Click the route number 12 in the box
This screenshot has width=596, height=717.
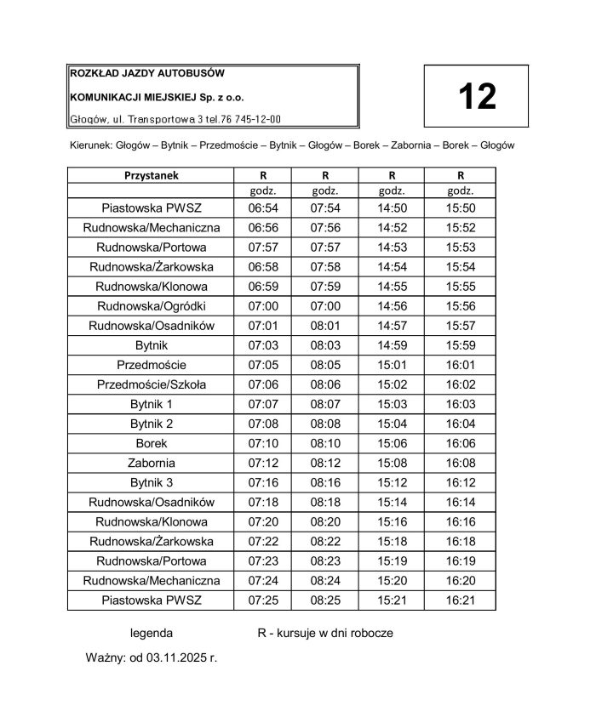pos(477,97)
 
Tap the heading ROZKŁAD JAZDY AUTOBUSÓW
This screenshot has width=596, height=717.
pos(147,74)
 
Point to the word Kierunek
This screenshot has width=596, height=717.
pos(88,145)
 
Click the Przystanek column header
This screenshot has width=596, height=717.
pos(151,175)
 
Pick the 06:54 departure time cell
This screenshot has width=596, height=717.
pos(262,208)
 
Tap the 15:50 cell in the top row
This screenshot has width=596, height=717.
pos(461,208)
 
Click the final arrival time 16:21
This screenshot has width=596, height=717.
pos(461,600)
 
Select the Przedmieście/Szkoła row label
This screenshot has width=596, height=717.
pos(151,384)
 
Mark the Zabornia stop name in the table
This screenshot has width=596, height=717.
pos(151,463)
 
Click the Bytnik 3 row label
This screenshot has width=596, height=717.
pos(151,482)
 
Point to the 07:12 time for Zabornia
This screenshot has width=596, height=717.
pos(262,463)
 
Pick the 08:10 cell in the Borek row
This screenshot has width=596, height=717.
pos(325,443)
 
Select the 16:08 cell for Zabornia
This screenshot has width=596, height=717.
pos(461,463)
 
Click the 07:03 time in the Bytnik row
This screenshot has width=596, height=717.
pos(262,345)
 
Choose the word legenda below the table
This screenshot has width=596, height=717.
pos(151,634)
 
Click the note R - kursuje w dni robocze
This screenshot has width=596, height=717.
pos(325,634)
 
